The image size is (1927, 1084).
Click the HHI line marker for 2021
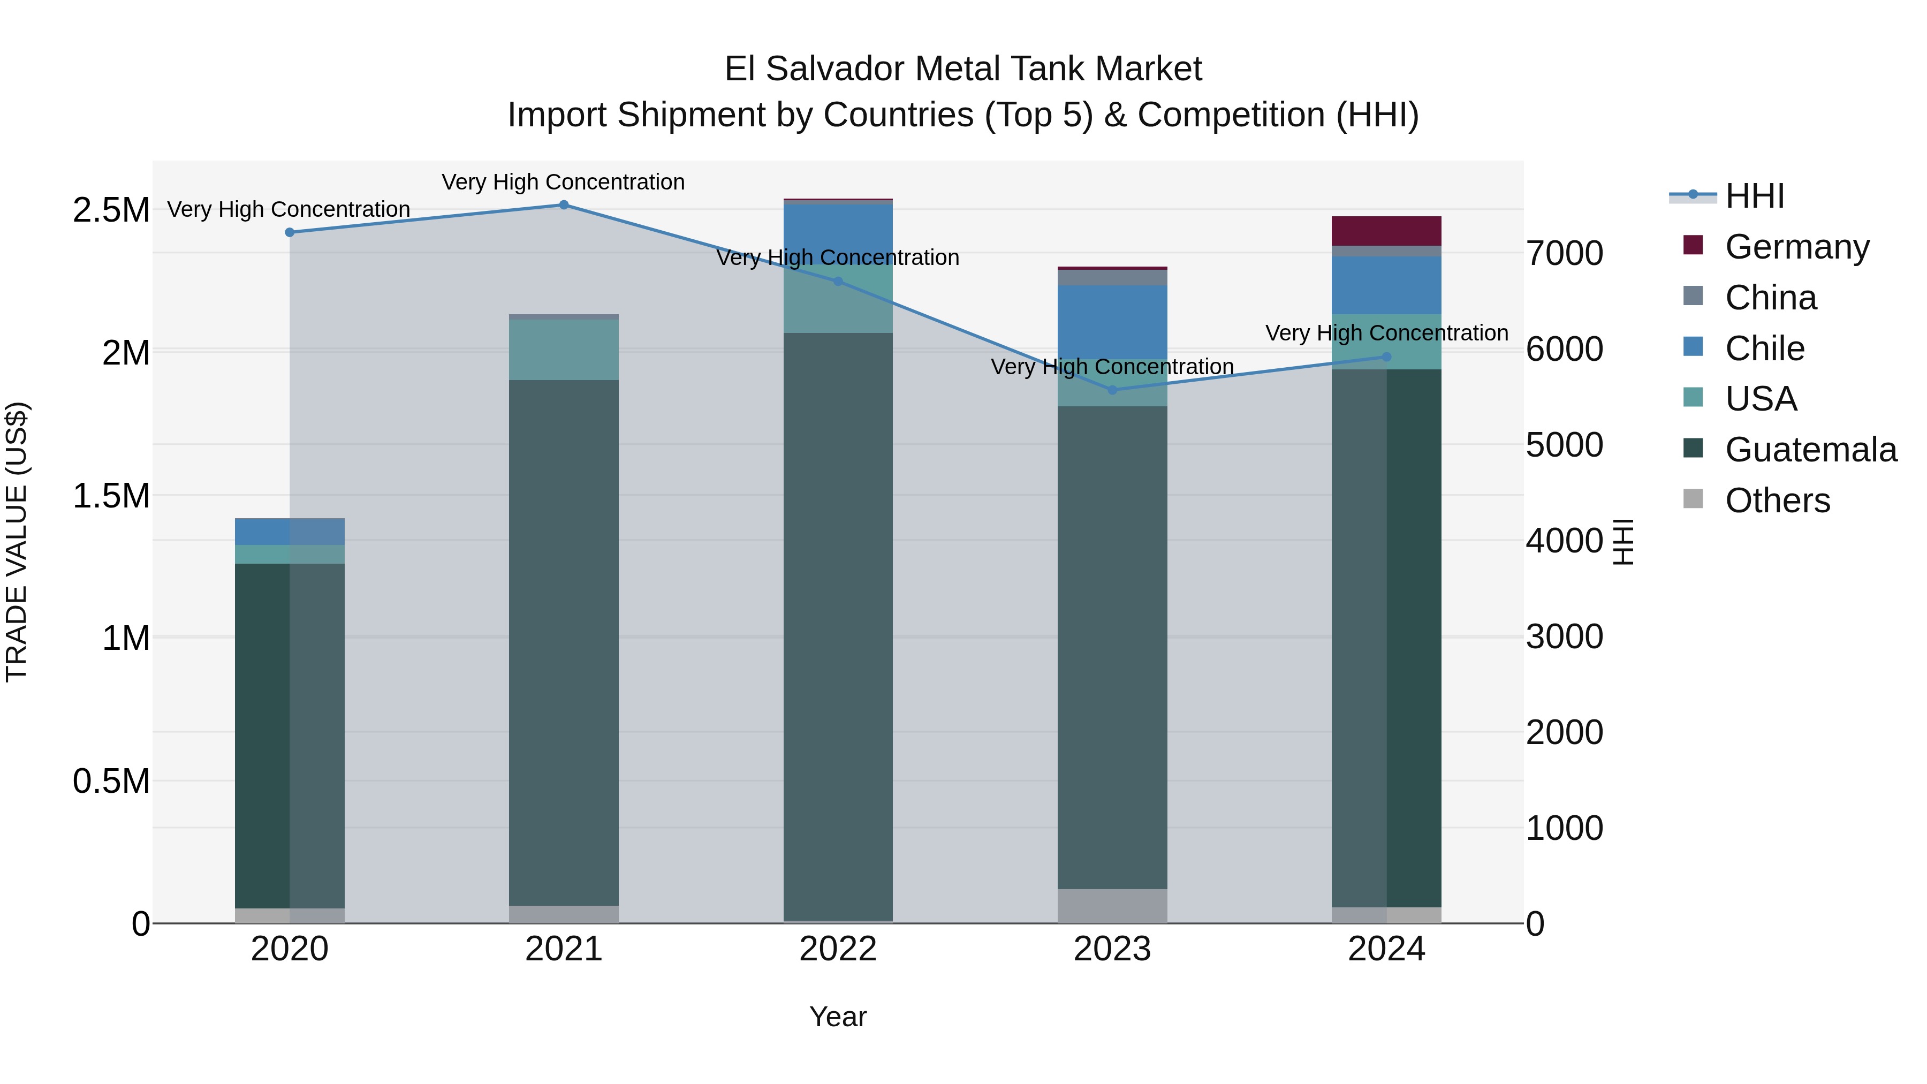pyautogui.click(x=564, y=205)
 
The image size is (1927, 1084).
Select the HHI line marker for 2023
pyautogui.click(x=1112, y=390)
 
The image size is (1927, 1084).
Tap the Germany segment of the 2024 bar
pyautogui.click(x=1386, y=231)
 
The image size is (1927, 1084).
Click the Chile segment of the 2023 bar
pyautogui.click(x=1112, y=322)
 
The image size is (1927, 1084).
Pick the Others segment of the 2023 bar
pyautogui.click(x=1112, y=905)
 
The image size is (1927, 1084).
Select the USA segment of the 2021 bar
pyautogui.click(x=564, y=350)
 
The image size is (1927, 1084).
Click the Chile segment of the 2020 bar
pyautogui.click(x=290, y=531)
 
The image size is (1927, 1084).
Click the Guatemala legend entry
pyautogui.click(x=1810, y=450)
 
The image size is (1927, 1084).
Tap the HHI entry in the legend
pyautogui.click(x=1754, y=196)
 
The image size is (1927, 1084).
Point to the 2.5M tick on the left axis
pyautogui.click(x=111, y=210)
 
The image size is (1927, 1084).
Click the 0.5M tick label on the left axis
pyautogui.click(x=111, y=781)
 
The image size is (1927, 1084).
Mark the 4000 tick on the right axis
pyautogui.click(x=1564, y=540)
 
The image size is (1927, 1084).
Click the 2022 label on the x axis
pyautogui.click(x=838, y=949)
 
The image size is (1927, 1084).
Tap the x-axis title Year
pyautogui.click(x=838, y=1017)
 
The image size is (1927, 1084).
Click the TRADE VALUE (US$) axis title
pyautogui.click(x=17, y=542)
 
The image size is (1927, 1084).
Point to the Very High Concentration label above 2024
pyautogui.click(x=1386, y=333)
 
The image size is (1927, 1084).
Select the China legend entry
pyautogui.click(x=1771, y=298)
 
